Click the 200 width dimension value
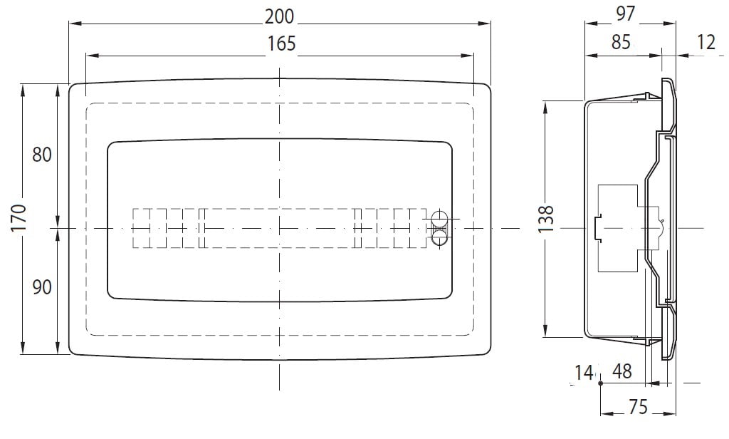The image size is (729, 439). pyautogui.click(x=279, y=17)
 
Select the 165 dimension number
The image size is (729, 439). pyautogui.click(x=282, y=43)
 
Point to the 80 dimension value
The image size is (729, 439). pyautogui.click(x=42, y=155)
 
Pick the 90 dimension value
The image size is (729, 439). pyautogui.click(x=42, y=287)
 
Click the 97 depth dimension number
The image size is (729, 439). pyautogui.click(x=625, y=14)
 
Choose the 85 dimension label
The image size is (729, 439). pyautogui.click(x=621, y=42)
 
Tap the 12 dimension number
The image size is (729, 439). pyautogui.click(x=706, y=42)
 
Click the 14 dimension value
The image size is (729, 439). pyautogui.click(x=584, y=373)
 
